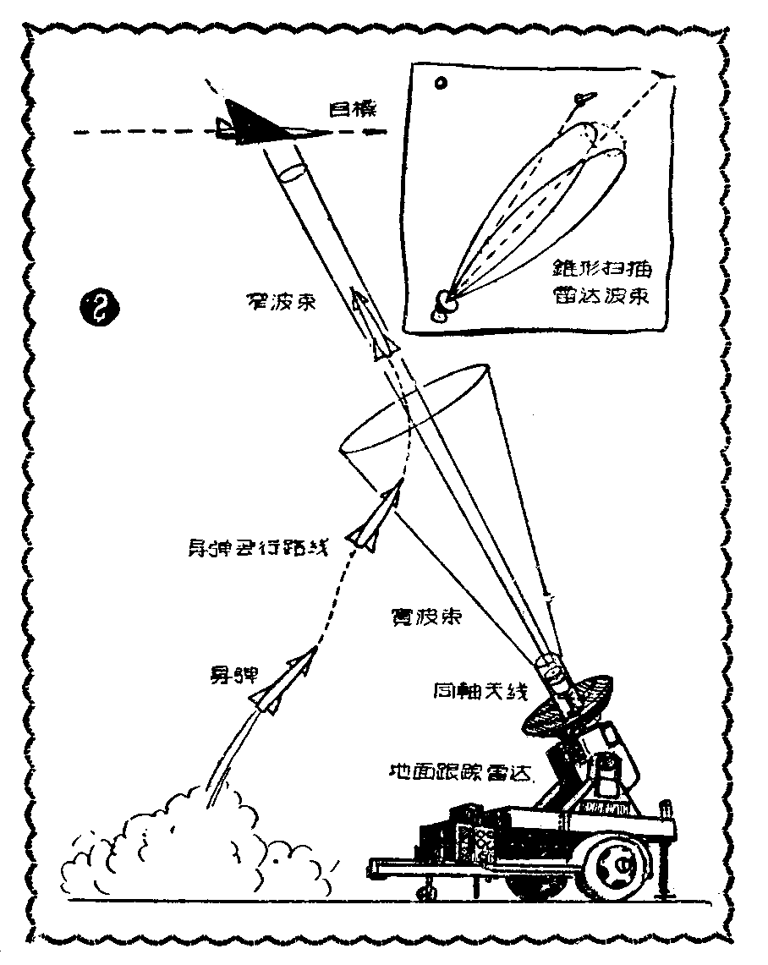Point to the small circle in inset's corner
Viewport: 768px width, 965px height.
(x=440, y=83)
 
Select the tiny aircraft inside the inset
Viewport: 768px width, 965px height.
(x=581, y=101)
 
